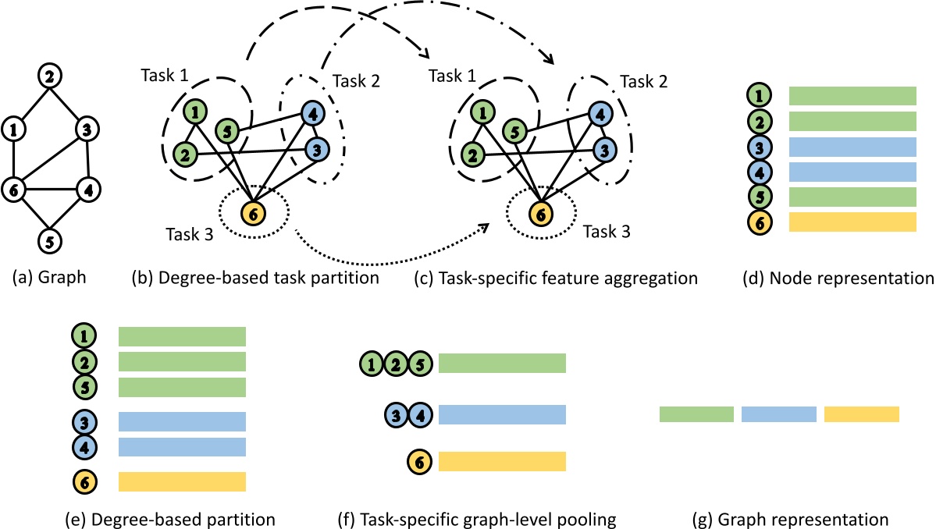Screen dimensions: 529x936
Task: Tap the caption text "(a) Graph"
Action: pyautogui.click(x=48, y=277)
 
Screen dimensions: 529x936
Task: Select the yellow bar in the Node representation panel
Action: pyautogui.click(x=852, y=222)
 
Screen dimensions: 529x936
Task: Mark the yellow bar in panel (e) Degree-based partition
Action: pyautogui.click(x=182, y=481)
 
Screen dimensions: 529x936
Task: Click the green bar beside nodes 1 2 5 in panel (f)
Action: pyautogui.click(x=502, y=364)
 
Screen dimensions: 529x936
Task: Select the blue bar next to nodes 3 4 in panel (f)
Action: pyautogui.click(x=502, y=414)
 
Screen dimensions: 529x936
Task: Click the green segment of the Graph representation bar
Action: pyautogui.click(x=696, y=414)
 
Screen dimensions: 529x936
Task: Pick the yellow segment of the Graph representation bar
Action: pyautogui.click(x=862, y=414)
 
